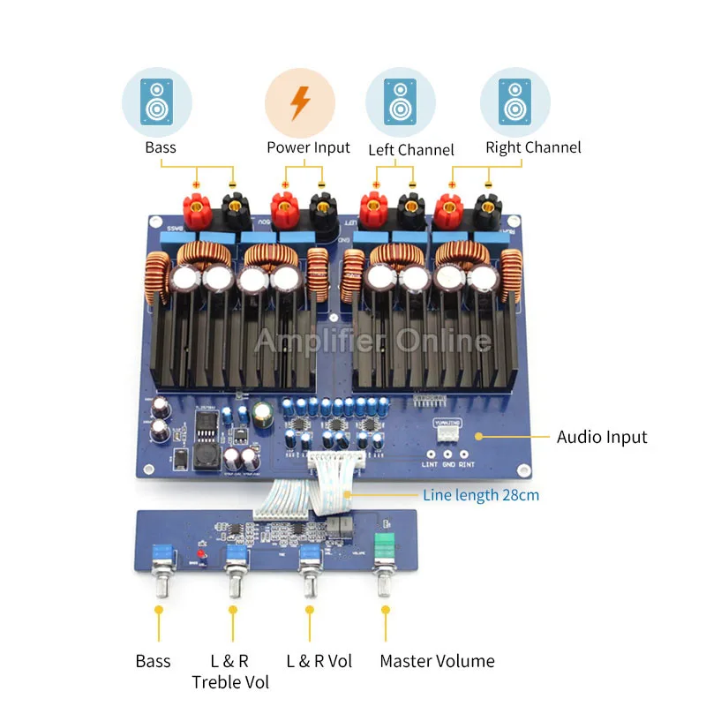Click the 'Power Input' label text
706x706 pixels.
(308, 147)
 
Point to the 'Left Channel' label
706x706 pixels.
(411, 149)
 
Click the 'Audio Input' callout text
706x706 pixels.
(602, 437)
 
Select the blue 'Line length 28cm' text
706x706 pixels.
(481, 495)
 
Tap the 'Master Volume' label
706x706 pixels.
(437, 661)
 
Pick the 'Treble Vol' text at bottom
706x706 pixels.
(230, 681)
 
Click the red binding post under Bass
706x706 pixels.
(196, 210)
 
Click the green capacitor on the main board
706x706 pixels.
(262, 415)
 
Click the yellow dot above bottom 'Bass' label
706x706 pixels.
(158, 609)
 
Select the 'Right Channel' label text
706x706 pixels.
(533, 147)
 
